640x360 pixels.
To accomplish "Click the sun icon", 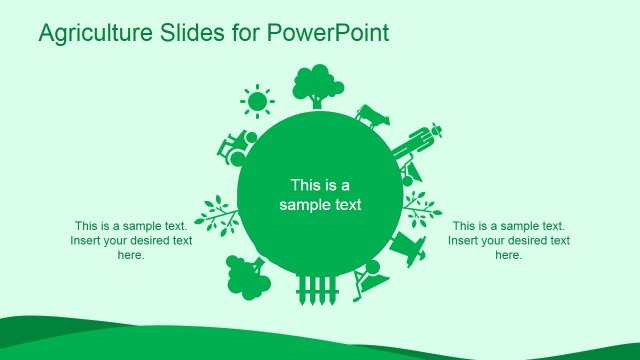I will pos(258,101).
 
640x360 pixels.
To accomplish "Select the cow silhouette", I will pos(371,116).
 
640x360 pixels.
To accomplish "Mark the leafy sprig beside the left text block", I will pos(217,213).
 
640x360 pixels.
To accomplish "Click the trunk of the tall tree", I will pos(317,99).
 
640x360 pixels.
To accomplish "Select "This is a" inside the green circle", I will pos(320,185).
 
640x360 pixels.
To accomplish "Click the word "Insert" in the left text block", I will pos(87,240).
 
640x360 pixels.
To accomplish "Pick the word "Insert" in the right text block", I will pos(465,240).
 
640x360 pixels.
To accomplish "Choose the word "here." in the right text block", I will pos(509,255).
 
